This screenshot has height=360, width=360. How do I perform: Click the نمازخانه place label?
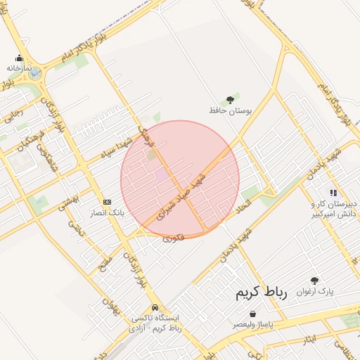coord(20,68)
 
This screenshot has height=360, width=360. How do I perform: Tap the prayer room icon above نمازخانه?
coord(19,58)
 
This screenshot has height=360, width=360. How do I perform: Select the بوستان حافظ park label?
coord(229,110)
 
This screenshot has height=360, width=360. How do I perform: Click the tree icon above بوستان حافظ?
coord(229,101)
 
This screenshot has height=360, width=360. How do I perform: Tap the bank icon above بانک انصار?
coord(107,202)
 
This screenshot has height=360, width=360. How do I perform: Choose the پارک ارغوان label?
coord(314,290)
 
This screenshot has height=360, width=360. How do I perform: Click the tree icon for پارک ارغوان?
coord(314,281)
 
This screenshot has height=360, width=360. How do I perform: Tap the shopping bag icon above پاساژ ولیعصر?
coord(252,314)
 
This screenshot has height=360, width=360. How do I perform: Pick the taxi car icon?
coord(155,307)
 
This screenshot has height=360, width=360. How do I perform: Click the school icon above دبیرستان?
coord(333,193)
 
